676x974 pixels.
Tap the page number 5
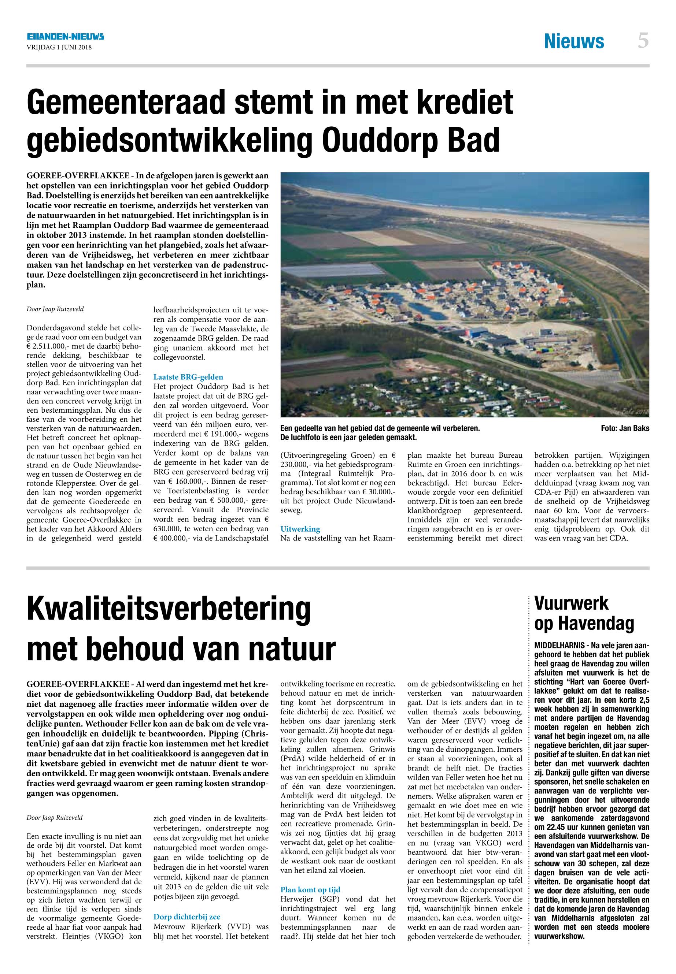point(643,41)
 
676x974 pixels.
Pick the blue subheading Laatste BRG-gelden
point(188,377)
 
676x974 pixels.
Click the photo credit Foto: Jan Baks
point(625,428)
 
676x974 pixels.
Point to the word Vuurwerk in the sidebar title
point(571,603)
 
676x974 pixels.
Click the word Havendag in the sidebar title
point(597,623)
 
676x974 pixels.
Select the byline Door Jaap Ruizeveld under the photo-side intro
point(55,309)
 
